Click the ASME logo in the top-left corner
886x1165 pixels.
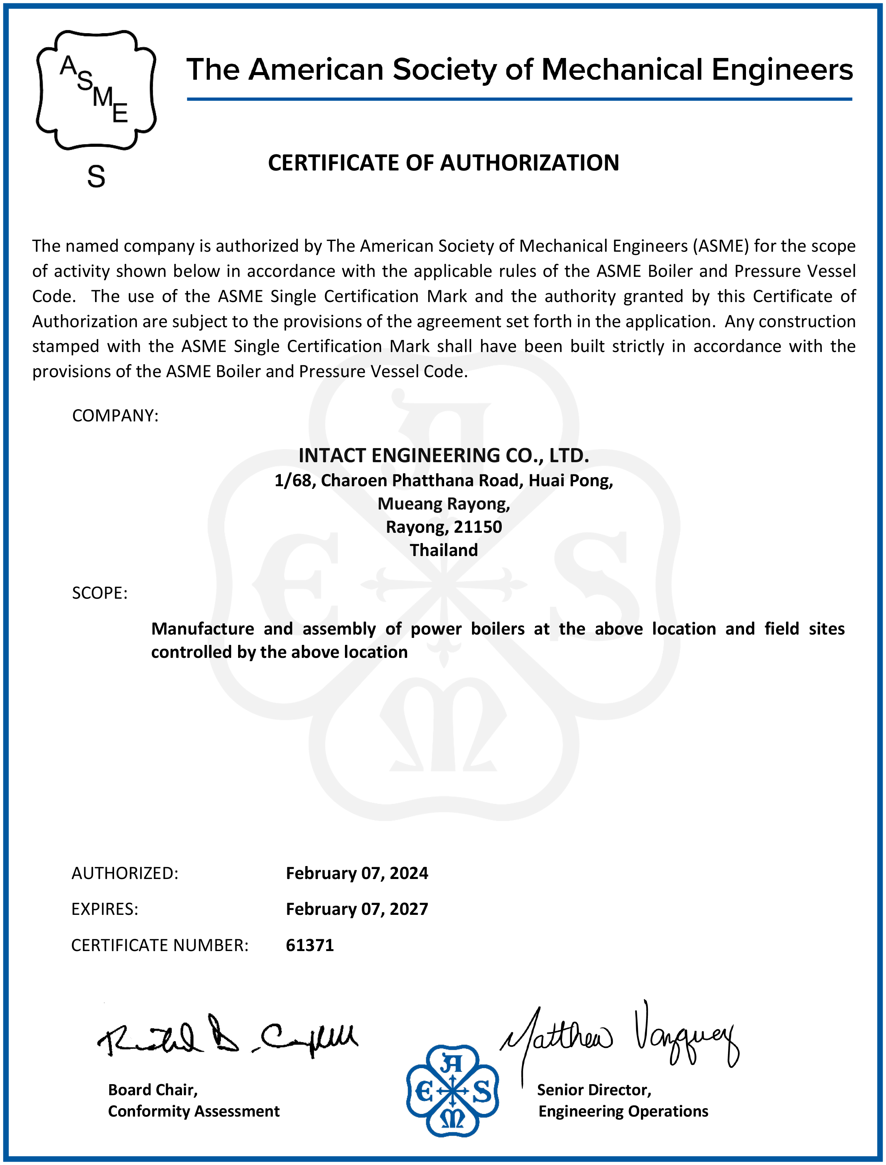point(96,90)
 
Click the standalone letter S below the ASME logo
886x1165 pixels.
point(96,177)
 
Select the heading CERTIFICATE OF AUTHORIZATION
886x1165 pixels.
point(443,163)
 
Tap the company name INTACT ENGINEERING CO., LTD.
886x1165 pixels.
point(443,455)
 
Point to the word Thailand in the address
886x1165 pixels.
point(443,550)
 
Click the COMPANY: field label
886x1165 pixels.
point(115,415)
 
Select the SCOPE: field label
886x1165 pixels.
point(100,593)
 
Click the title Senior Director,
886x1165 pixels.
point(594,1089)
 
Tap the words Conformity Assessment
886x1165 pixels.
point(193,1111)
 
